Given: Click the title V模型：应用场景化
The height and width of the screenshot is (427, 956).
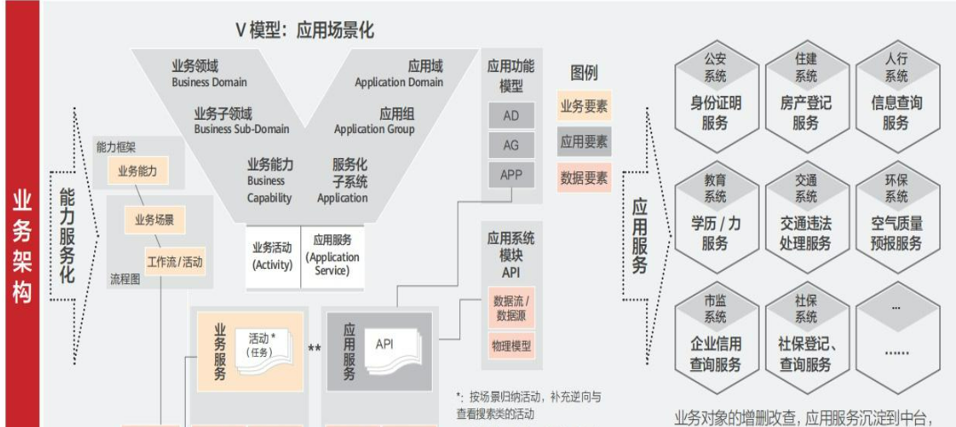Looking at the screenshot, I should point(305,30).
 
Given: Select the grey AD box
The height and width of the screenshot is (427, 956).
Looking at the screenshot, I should point(511,115).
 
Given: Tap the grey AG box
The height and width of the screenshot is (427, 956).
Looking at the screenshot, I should point(511,145).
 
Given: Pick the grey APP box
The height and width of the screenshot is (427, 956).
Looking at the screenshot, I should point(511,174).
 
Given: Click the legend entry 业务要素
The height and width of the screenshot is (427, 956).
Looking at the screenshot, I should point(584,107).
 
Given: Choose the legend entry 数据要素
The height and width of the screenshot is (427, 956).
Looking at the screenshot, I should point(584,178).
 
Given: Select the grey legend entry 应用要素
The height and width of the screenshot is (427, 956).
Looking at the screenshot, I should point(584,141).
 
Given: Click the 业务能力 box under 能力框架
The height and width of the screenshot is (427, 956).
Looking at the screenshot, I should point(137,171).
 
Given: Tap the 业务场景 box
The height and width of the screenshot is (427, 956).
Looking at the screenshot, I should point(154,219).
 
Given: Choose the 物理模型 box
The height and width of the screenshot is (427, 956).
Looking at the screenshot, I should point(511,345).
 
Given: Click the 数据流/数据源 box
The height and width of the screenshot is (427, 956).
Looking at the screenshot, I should point(511,308).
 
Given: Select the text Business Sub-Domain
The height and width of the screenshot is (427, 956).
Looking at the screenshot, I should point(242,129).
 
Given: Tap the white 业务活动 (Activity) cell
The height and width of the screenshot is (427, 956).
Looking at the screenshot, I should point(273,256).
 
